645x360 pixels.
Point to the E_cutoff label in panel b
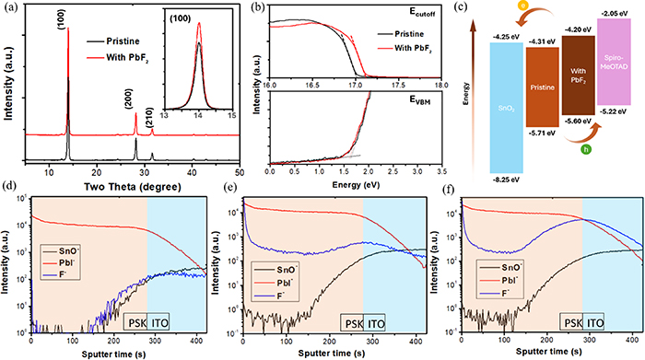(418, 14)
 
